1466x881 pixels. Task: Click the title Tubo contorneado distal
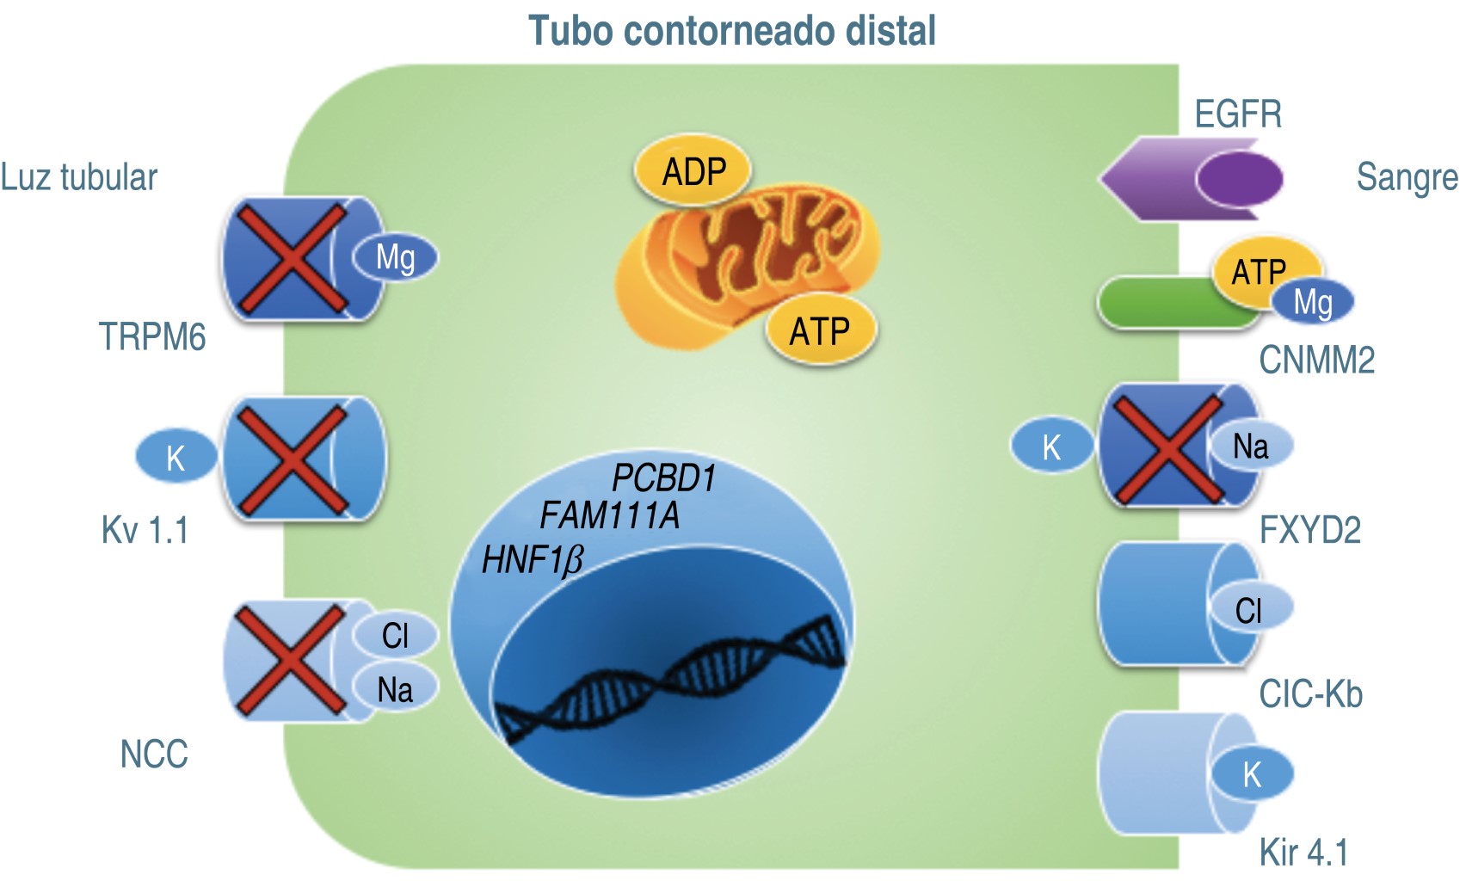pos(731,31)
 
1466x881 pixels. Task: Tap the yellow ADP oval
pos(693,172)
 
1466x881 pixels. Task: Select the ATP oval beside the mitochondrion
pos(819,331)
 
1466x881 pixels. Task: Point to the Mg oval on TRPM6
pos(395,257)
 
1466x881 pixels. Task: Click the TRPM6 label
pos(152,336)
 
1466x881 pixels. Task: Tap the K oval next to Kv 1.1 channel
pos(176,458)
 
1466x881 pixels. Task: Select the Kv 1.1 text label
pos(145,530)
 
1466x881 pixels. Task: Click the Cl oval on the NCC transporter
pos(395,636)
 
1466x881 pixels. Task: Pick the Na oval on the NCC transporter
pos(395,689)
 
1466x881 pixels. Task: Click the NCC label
pos(154,754)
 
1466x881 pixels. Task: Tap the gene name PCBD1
pos(663,478)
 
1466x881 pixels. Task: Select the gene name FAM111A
pos(609,516)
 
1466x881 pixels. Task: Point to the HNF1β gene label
pos(532,560)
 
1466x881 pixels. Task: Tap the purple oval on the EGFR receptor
pos(1239,179)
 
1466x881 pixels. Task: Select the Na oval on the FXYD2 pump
pos(1250,447)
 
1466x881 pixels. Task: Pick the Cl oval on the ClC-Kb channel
pos(1249,610)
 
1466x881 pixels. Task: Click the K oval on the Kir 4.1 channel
pos(1252,774)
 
